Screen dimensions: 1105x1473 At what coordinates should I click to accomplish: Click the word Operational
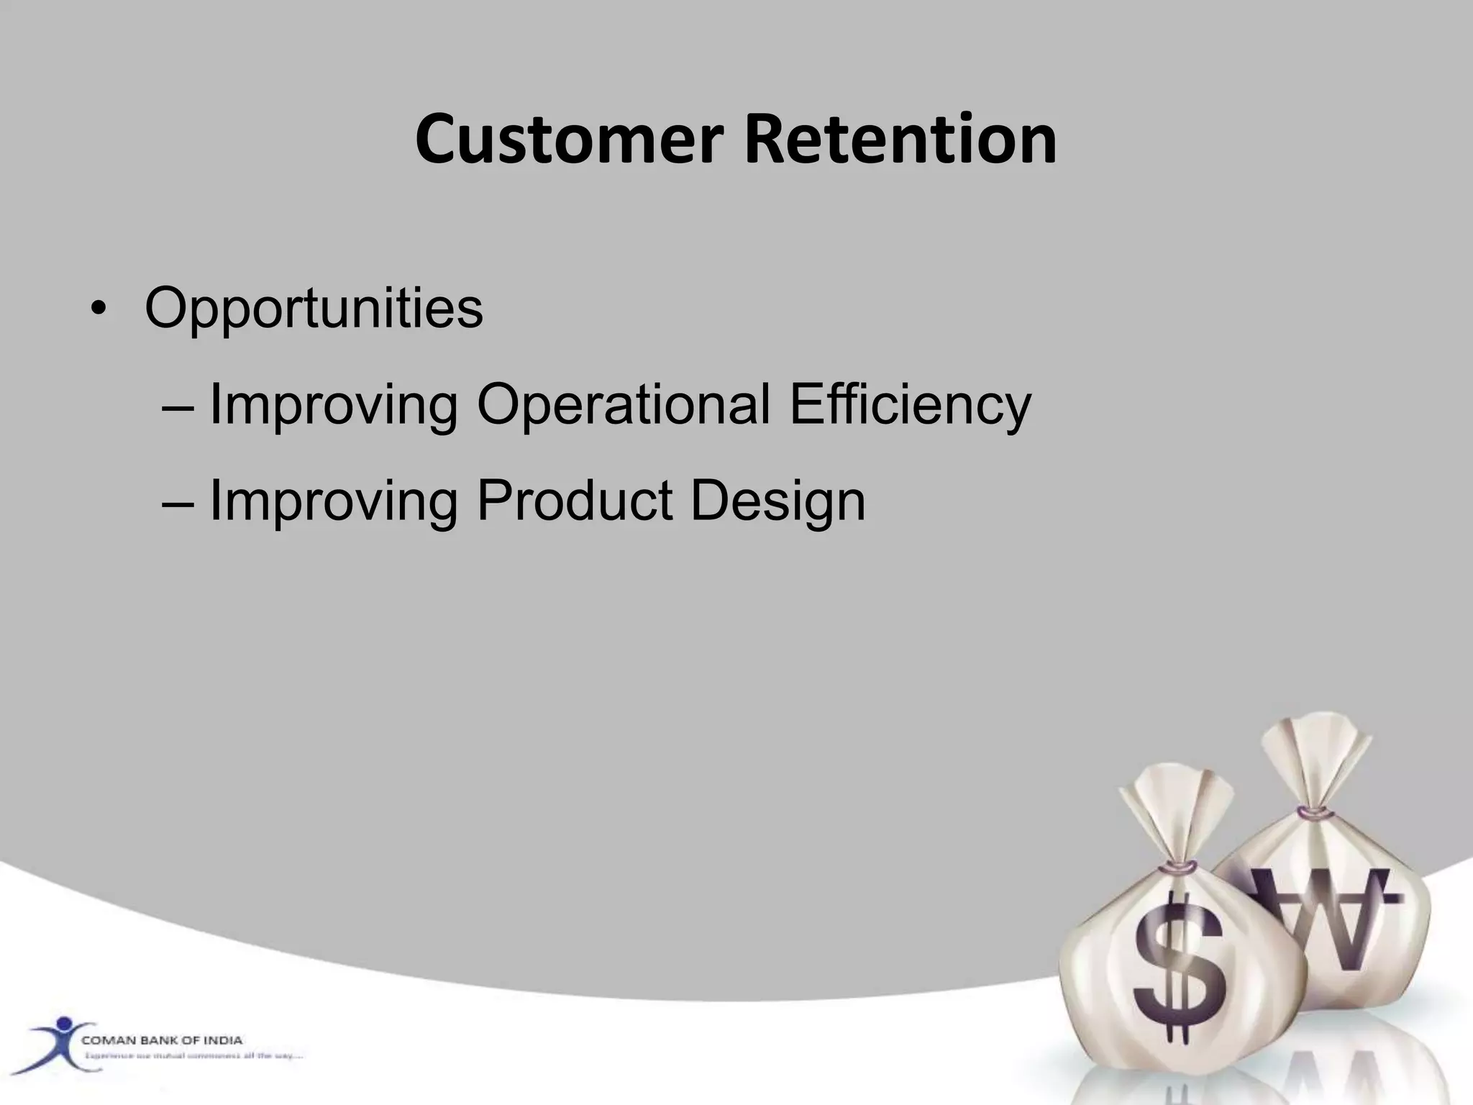pyautogui.click(x=623, y=405)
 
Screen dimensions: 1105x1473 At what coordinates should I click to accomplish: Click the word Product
pyautogui.click(x=574, y=501)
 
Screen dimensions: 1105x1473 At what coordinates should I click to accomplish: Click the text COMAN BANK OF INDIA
pyautogui.click(x=162, y=1040)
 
